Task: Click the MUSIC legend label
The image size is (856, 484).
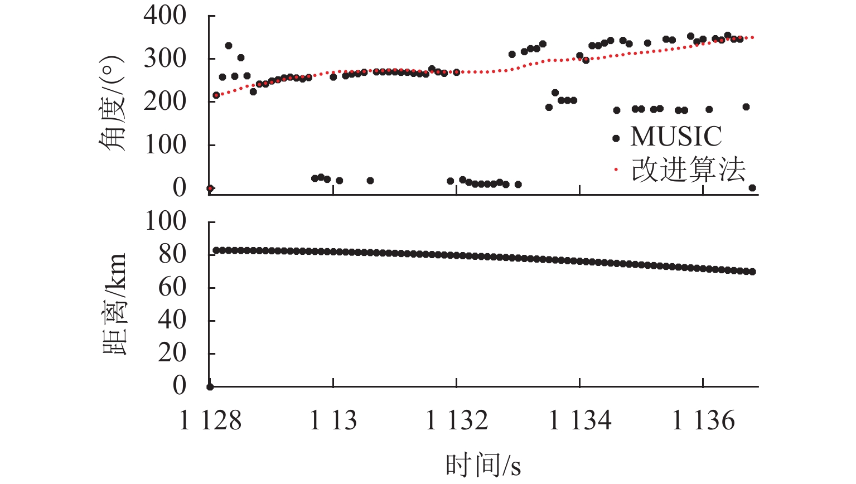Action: pos(676,137)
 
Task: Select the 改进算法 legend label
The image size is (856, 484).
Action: pos(688,170)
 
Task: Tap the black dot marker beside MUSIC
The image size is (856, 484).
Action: pos(616,138)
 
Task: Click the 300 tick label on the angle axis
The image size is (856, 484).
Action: pos(165,59)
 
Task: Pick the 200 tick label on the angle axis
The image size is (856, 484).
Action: pos(165,101)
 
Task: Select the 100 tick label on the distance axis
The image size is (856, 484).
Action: pos(166,221)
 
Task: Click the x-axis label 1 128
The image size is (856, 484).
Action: pos(210,420)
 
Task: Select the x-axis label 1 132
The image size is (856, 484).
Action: pos(457,420)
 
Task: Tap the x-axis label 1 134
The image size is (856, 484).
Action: pos(580,420)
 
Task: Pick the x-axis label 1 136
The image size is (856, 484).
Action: pos(703,420)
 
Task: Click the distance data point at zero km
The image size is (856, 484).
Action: pos(210,387)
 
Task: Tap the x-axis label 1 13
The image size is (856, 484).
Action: pos(333,420)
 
